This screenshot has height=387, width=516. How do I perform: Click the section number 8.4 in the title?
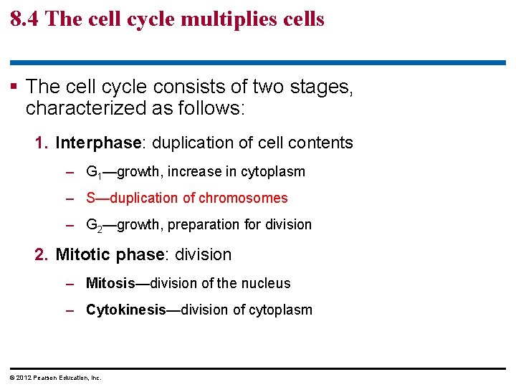25,18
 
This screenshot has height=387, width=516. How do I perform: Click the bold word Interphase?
97,143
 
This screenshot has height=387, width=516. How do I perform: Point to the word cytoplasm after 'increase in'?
275,172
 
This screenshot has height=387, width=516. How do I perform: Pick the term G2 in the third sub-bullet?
94,225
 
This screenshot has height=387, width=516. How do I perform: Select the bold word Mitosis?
110,283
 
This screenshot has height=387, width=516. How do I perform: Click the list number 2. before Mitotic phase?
42,254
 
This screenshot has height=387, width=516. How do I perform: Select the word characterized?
74,109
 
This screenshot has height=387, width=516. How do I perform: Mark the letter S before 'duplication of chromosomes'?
90,198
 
